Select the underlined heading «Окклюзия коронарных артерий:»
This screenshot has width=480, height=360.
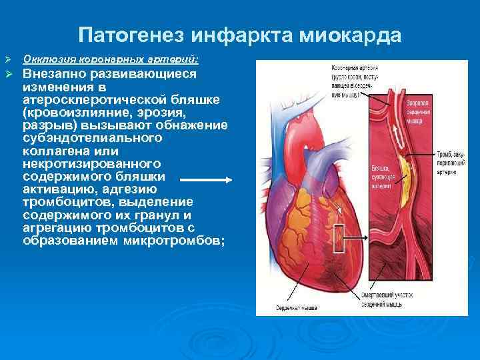click(x=115, y=59)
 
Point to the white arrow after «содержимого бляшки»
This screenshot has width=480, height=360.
click(x=205, y=179)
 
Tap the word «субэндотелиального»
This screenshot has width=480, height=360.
click(x=92, y=138)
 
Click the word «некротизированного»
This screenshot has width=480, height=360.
click(x=91, y=163)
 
